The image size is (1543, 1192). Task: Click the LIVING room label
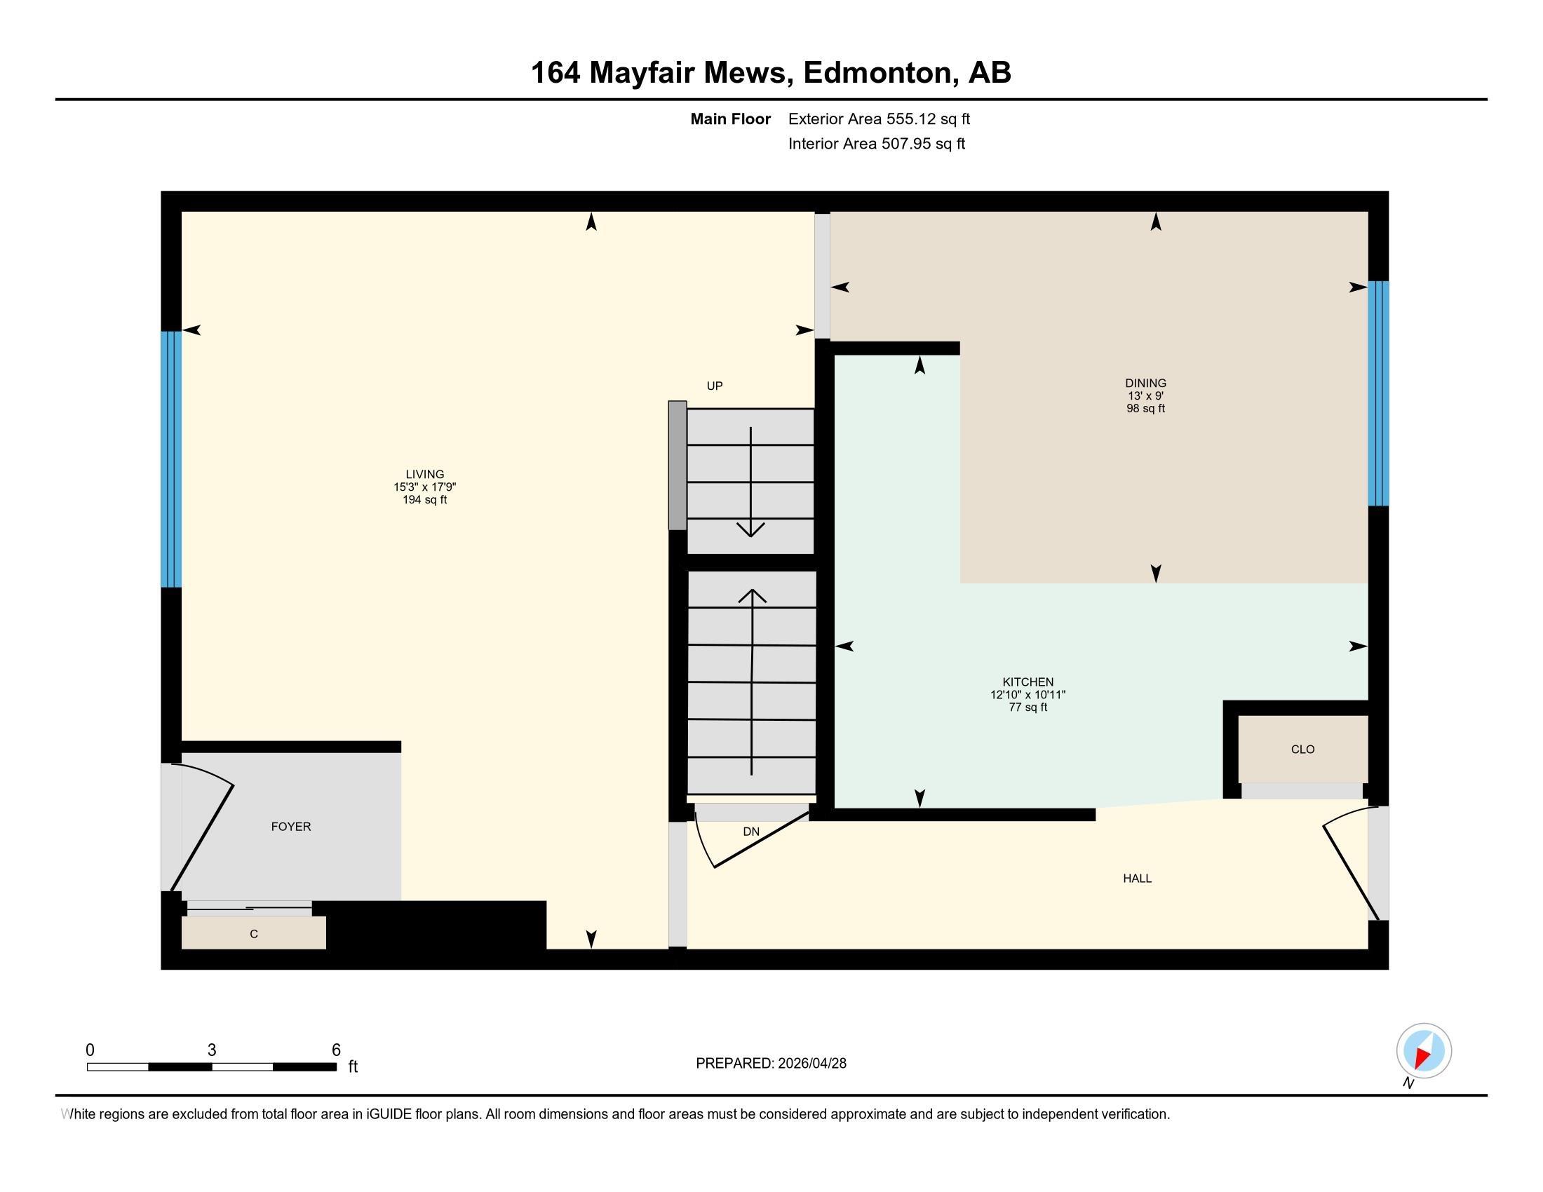coord(424,475)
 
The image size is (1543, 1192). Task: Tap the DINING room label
coord(1145,384)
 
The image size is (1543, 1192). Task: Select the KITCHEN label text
coord(1027,682)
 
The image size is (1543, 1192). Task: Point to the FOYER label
coord(290,826)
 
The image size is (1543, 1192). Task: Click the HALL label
coord(1137,879)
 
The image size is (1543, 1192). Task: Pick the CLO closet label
coord(1302,750)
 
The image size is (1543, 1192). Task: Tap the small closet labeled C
coord(254,933)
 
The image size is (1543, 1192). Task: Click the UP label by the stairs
coord(714,386)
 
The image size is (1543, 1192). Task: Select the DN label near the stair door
coord(750,832)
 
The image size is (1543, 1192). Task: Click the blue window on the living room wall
coord(171,459)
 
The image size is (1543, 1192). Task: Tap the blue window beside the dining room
coord(1377,393)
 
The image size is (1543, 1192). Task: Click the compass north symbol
coord(1424,1051)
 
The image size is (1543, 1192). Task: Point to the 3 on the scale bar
coord(211,1050)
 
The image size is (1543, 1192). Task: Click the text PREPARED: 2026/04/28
coord(771,1064)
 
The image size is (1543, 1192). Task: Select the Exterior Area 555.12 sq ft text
coord(879,118)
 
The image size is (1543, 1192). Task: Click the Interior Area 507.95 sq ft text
coord(876,144)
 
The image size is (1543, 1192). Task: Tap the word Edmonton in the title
coord(877,73)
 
